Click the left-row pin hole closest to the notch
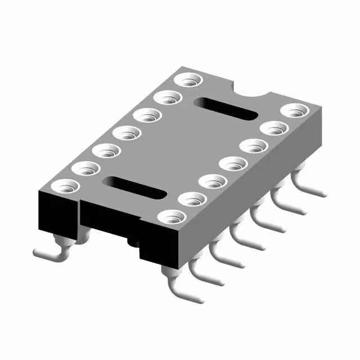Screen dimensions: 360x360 [188, 80]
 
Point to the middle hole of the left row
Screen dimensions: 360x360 [128, 133]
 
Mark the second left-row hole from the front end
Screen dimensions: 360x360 [85, 169]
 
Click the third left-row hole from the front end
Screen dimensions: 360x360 [107, 151]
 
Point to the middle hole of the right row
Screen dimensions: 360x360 [233, 164]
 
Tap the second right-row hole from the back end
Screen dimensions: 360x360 [273, 128]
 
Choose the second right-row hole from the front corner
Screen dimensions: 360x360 [192, 199]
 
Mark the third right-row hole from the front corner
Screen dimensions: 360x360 [213, 182]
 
